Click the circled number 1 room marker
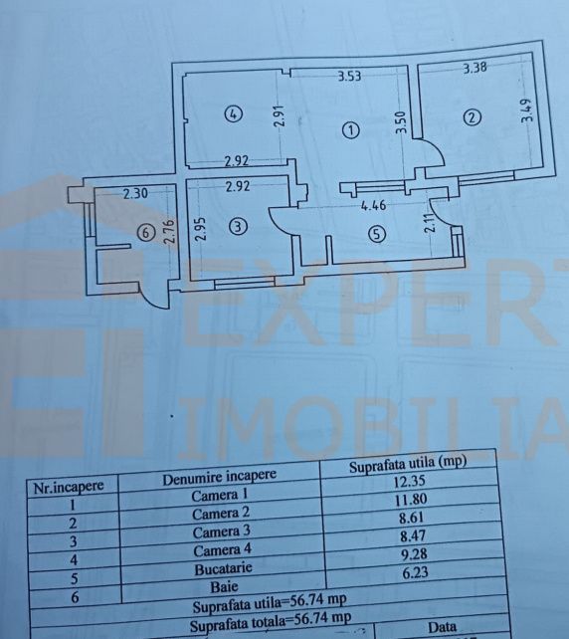coord(351,130)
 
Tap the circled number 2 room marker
coord(473,117)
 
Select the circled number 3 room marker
coord(239,226)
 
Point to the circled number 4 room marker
coord(234,113)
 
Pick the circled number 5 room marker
coord(377,234)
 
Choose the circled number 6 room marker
coord(146,233)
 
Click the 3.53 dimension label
coord(350,77)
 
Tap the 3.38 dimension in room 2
coord(474,68)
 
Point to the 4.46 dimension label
coord(373,205)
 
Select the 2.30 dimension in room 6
coord(135,193)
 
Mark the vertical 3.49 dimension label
coord(527,110)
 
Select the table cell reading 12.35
coord(409,482)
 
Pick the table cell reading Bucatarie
coord(223,568)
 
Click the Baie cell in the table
coord(224,587)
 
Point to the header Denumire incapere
coord(219,477)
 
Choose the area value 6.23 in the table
coord(415,573)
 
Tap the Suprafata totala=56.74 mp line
coord(270,621)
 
